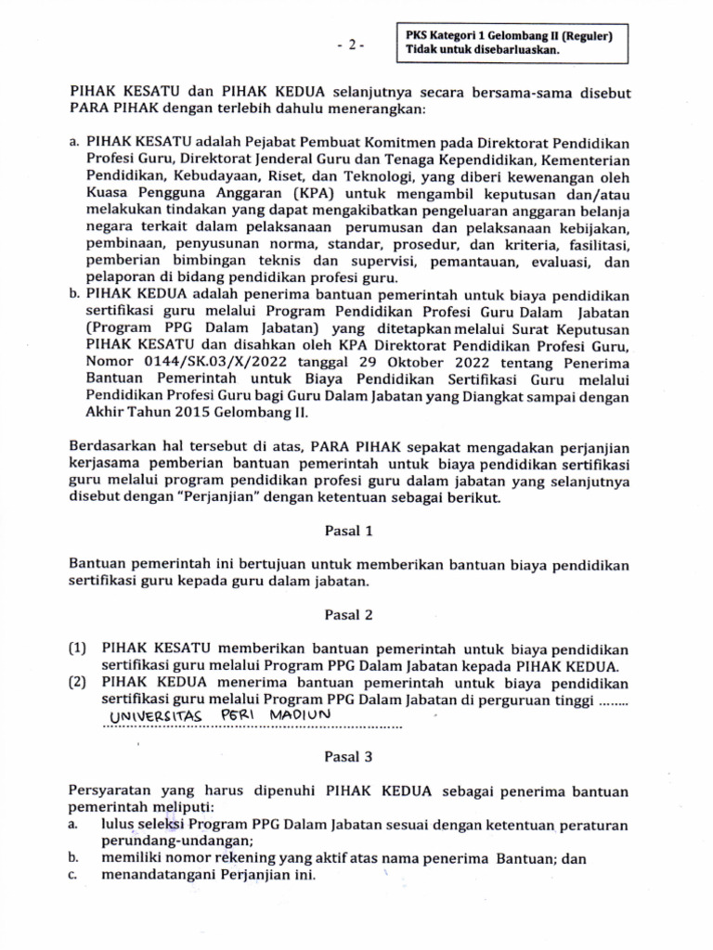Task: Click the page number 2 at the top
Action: (352, 45)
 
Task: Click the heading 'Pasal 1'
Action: (348, 532)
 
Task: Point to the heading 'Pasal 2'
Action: (348, 615)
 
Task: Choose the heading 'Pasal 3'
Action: (348, 757)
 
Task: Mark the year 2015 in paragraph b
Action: (173, 414)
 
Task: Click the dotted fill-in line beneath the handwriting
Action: (251, 728)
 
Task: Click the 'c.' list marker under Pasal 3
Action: (73, 875)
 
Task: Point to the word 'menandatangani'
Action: (149, 875)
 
